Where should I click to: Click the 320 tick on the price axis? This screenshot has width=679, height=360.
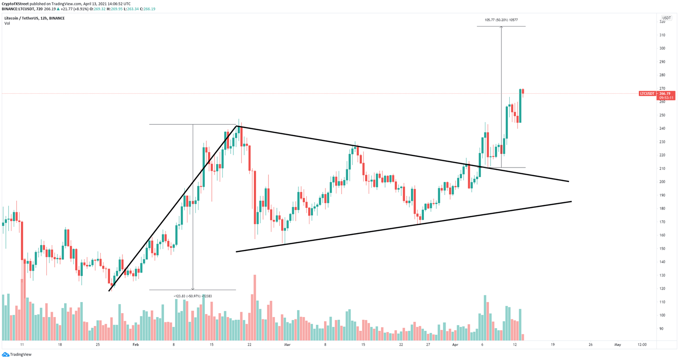click(662, 22)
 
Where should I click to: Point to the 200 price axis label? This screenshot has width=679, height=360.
click(662, 182)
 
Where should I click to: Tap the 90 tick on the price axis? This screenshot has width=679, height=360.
click(661, 329)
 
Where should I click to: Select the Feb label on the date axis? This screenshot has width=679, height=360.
click(135, 345)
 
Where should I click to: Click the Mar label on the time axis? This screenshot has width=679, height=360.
click(287, 345)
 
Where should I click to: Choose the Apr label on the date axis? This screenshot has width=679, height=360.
click(455, 345)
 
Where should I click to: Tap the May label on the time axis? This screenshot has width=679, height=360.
click(618, 345)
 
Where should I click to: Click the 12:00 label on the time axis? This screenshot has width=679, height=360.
click(642, 345)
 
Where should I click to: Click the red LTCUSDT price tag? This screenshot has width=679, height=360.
click(647, 94)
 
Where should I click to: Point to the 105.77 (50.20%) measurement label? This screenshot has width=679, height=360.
click(501, 20)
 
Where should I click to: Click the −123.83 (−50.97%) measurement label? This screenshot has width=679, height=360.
click(193, 296)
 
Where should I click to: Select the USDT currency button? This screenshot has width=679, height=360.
click(666, 18)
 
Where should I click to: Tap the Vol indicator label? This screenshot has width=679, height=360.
click(7, 23)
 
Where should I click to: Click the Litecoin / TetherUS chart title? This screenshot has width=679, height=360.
click(34, 18)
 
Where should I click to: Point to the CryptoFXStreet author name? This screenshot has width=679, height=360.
click(15, 4)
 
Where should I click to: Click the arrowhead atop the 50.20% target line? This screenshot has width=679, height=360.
click(501, 27)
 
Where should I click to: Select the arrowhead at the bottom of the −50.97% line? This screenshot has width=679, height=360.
click(193, 289)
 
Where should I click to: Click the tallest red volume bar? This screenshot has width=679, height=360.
click(255, 307)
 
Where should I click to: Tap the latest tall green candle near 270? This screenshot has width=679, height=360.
click(520, 106)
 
